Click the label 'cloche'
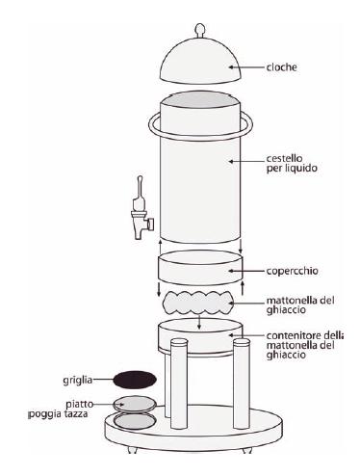tap(281, 67)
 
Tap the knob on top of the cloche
tap(199, 28)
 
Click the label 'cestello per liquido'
tap(292, 164)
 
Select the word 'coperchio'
tap(292, 271)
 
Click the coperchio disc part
tap(200, 268)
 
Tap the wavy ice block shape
tap(198, 303)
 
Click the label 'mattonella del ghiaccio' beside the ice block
tap(300, 305)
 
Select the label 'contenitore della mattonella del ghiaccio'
tap(304, 345)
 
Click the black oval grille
tap(135, 380)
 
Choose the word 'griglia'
tap(78, 381)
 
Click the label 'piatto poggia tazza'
tap(59, 409)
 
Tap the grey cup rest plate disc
tap(135, 404)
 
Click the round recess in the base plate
tap(135, 421)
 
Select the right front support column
tap(242, 383)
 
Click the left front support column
tap(179, 383)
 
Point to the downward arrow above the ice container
tap(199, 322)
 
